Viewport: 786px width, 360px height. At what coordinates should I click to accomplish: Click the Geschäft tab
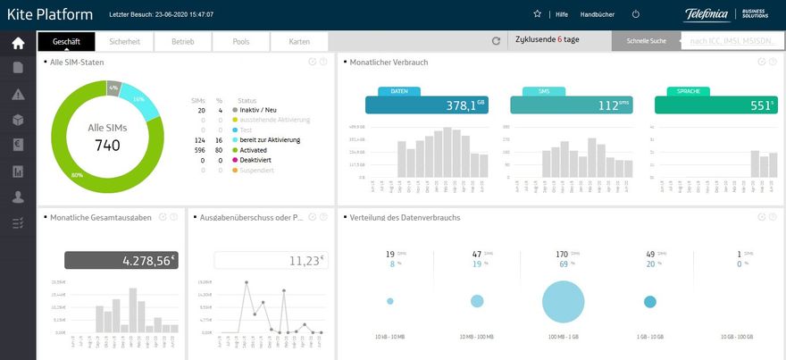[66, 42]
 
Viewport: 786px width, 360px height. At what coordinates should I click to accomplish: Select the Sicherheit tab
[124, 42]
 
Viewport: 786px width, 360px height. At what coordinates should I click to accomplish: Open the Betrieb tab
[182, 42]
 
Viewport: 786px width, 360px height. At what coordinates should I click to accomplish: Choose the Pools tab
[240, 42]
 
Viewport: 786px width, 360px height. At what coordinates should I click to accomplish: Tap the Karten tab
[299, 42]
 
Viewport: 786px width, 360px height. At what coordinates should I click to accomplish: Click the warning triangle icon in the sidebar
[18, 95]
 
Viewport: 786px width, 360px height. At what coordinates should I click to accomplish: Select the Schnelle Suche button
[646, 42]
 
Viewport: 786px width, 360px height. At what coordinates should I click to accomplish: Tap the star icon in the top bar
[537, 14]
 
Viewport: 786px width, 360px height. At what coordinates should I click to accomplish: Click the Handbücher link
[597, 14]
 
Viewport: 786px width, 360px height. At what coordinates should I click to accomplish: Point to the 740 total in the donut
[107, 146]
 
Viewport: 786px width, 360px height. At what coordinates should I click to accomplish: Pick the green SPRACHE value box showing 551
[715, 105]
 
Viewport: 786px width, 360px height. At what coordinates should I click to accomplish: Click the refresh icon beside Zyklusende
[497, 41]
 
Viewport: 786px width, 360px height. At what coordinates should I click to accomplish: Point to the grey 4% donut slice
[113, 88]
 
